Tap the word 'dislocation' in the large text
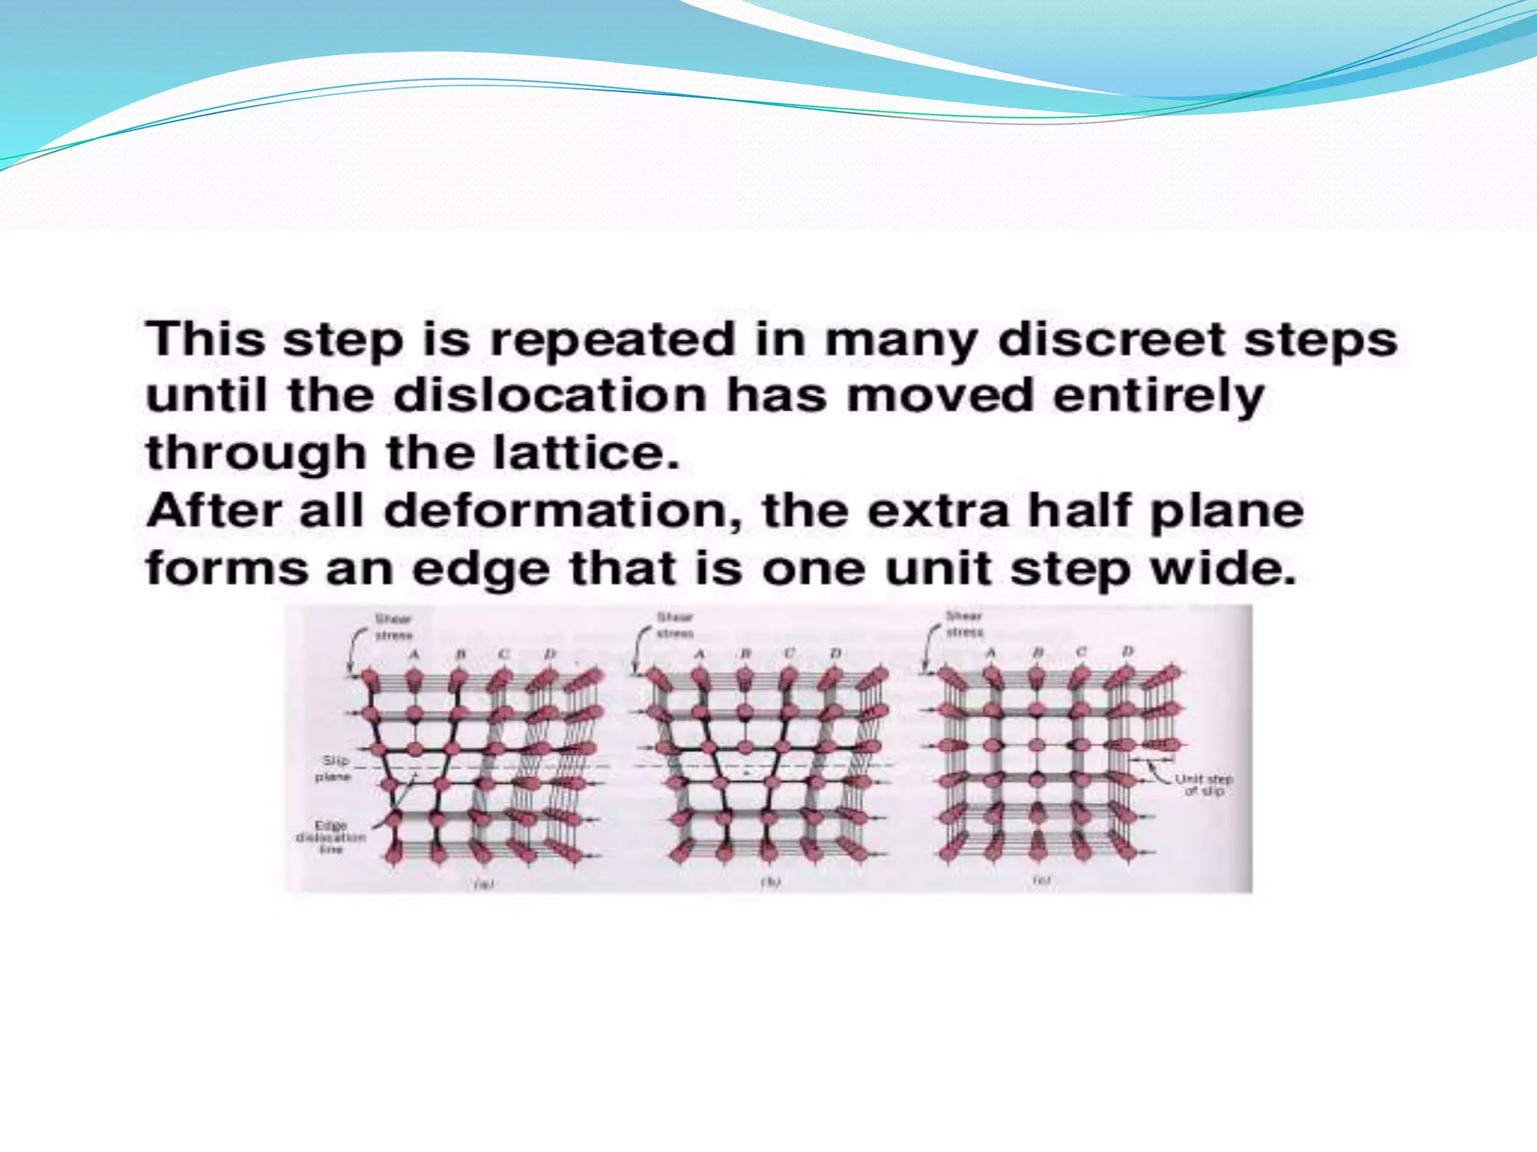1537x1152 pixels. tap(550, 395)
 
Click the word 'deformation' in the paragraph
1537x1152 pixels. tap(563, 511)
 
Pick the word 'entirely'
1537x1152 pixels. tap(1159, 397)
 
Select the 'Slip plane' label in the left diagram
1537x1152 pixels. tap(332, 768)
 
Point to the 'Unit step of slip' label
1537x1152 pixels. tap(1204, 784)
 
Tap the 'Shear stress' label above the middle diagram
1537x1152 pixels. tap(675, 625)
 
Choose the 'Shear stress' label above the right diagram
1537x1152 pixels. tap(964, 624)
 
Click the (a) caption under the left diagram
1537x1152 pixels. tap(483, 883)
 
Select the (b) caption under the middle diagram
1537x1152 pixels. tap(771, 882)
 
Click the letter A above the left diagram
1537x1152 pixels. tap(414, 655)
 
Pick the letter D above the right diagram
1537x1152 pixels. tap(1127, 651)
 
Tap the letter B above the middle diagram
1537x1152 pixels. tap(745, 654)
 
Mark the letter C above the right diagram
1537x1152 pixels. tap(1081, 652)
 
